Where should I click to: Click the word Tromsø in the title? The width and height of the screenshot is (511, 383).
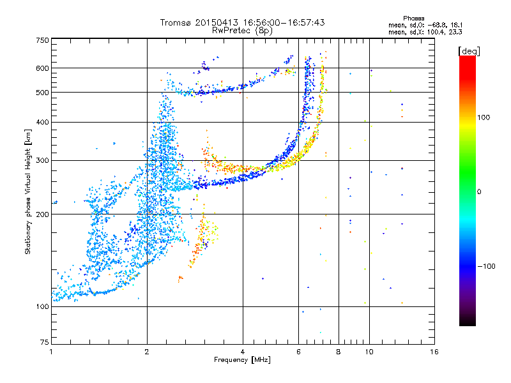176,22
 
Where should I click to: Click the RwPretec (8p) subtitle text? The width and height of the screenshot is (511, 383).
242,31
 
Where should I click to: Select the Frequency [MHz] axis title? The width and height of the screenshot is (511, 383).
242,360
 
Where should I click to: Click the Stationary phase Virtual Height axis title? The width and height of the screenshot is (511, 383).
27,192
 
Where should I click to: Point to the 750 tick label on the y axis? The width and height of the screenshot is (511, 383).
42,40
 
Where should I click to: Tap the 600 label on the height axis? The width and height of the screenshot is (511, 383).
42,68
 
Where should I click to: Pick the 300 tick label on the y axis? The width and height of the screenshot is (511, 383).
42,161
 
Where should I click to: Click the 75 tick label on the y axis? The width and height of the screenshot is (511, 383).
45,342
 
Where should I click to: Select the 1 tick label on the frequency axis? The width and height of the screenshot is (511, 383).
51,352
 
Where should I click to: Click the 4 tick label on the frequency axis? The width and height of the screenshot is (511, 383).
243,352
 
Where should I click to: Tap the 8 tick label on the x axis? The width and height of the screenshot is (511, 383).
339,352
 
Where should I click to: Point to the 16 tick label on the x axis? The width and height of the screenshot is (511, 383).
434,352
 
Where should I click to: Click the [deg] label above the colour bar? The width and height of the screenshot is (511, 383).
469,52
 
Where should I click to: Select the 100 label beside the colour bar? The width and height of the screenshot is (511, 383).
484,117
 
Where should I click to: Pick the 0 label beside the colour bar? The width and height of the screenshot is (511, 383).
479,192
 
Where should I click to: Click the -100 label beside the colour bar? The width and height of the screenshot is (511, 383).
487,266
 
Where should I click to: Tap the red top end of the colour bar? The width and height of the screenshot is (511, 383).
468,58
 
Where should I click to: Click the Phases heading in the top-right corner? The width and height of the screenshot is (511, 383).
413,19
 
